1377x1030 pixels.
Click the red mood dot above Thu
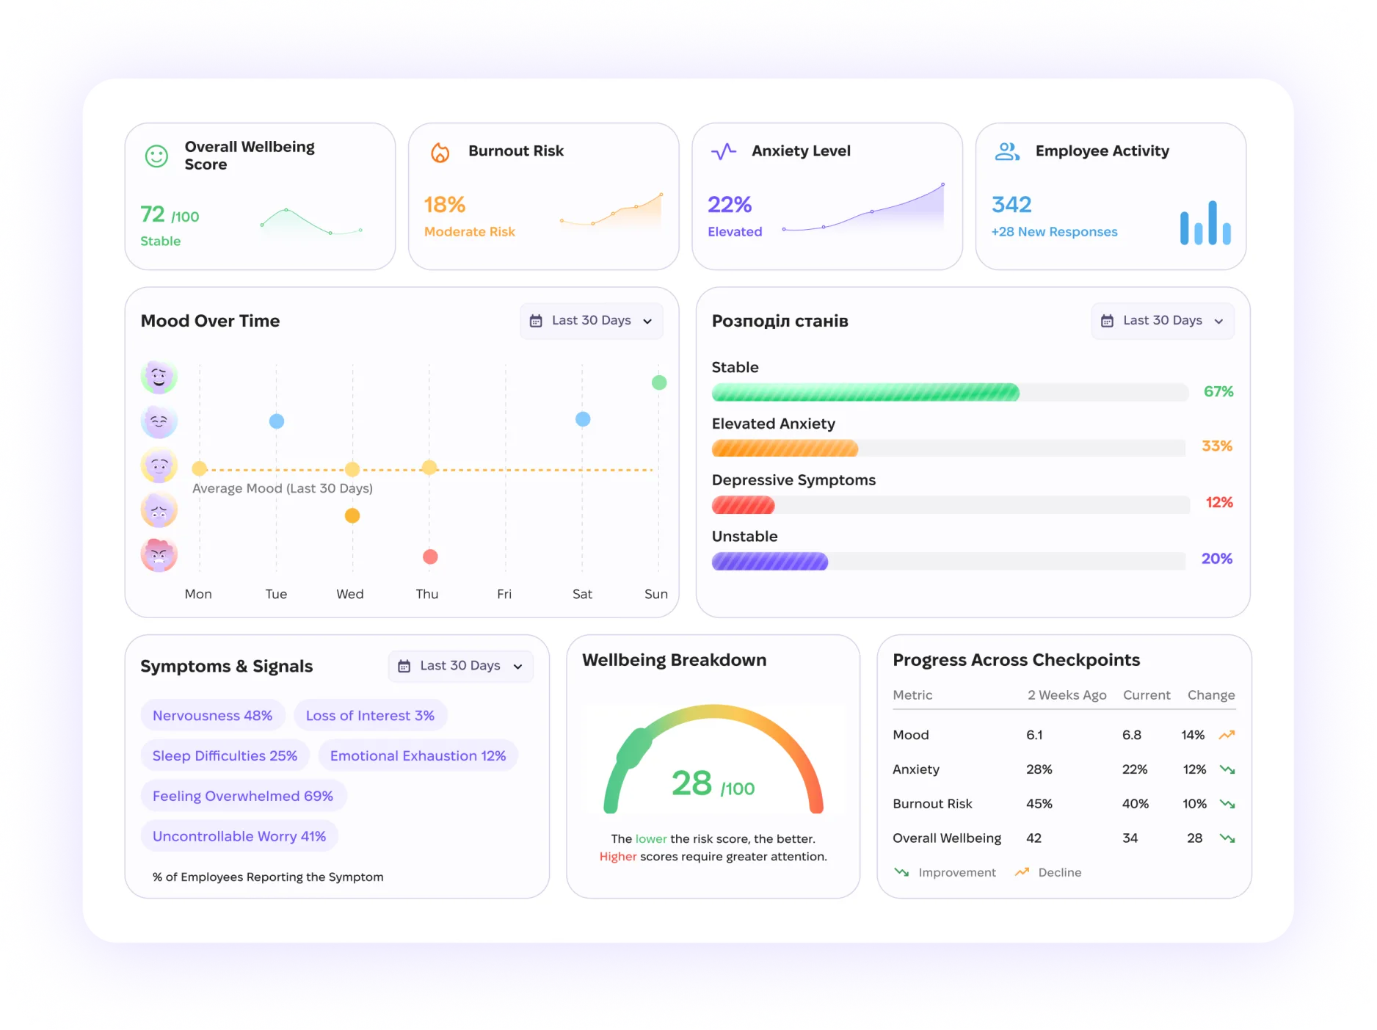[430, 556]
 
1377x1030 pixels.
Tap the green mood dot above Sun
[659, 382]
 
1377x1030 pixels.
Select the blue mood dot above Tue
[277, 421]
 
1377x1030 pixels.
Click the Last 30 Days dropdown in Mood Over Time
[592, 321]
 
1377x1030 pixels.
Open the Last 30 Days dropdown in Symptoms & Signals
[461, 666]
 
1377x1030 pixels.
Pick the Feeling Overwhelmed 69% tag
[243, 796]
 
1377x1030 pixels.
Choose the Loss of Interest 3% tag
[370, 716]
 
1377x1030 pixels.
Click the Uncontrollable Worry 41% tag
[239, 836]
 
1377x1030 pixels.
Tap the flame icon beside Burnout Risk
[440, 153]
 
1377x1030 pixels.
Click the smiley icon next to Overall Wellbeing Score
[156, 156]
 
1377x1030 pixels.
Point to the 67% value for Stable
[1218, 392]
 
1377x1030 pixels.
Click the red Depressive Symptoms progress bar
[743, 505]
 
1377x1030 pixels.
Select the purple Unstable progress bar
[770, 562]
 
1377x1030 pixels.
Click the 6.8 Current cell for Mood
[1132, 735]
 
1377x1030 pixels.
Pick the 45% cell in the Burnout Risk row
[1039, 804]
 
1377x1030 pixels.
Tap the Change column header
[1211, 695]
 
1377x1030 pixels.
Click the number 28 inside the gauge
[691, 783]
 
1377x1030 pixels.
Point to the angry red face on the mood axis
[159, 555]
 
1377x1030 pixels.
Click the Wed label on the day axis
[350, 594]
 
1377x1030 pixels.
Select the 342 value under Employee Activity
[1011, 205]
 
